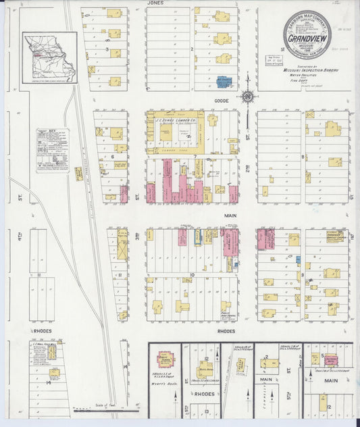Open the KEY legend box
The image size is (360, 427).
tap(53, 154)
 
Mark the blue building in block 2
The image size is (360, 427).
tap(220, 79)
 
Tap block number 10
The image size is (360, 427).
tap(192, 275)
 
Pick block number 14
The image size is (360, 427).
tap(48, 382)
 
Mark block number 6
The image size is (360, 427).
tap(111, 156)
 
